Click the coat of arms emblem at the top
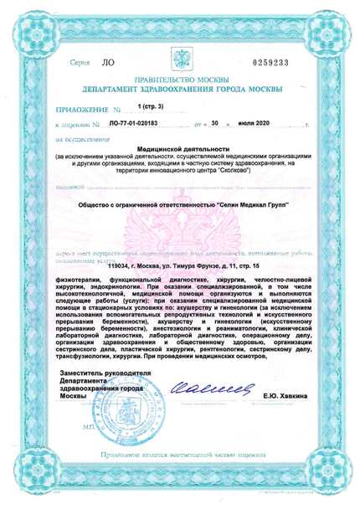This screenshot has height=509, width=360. click(x=181, y=59)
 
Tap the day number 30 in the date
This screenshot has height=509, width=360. click(x=216, y=123)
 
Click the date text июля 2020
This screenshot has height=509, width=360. click(x=256, y=123)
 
